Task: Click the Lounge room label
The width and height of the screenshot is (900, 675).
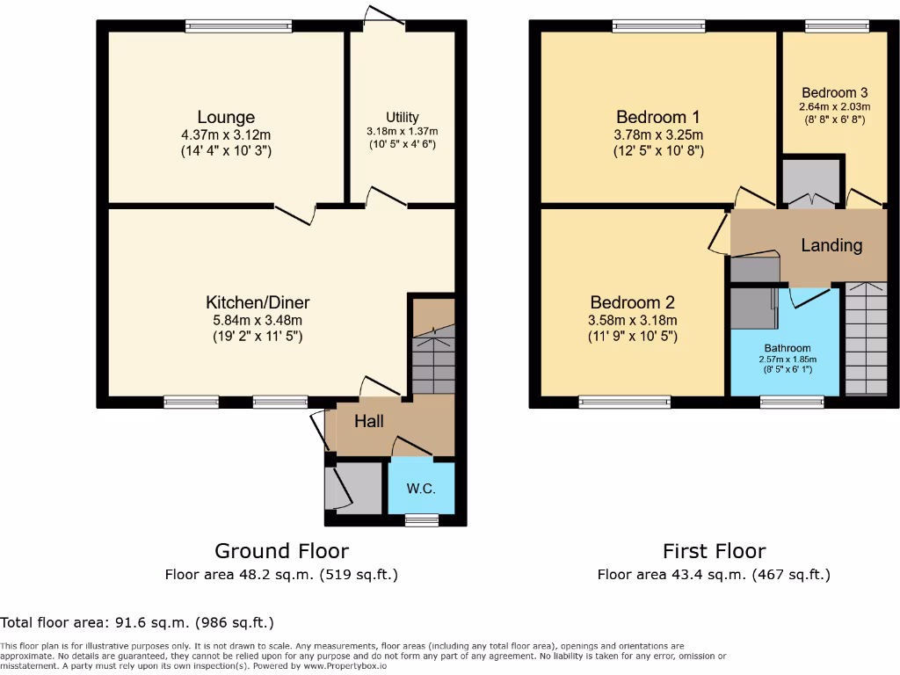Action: click(226, 117)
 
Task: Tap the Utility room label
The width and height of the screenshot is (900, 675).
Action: click(403, 117)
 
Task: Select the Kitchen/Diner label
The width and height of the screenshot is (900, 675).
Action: click(258, 302)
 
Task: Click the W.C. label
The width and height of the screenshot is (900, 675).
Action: click(421, 490)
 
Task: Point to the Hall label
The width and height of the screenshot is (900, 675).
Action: click(369, 422)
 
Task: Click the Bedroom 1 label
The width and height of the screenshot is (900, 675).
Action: click(658, 117)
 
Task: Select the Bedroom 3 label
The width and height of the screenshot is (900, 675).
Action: click(835, 92)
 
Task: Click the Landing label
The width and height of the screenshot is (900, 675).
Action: click(831, 245)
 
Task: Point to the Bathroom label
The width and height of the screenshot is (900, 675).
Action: click(787, 348)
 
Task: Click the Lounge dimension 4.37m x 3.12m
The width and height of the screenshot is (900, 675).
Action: click(226, 135)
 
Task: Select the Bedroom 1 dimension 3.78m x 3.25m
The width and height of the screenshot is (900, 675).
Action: click(658, 135)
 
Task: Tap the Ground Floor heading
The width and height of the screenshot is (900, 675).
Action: click(281, 551)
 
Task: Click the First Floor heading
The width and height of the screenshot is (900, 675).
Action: click(714, 551)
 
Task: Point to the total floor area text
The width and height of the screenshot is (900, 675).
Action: click(137, 622)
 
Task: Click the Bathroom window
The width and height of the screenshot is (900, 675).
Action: click(787, 403)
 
